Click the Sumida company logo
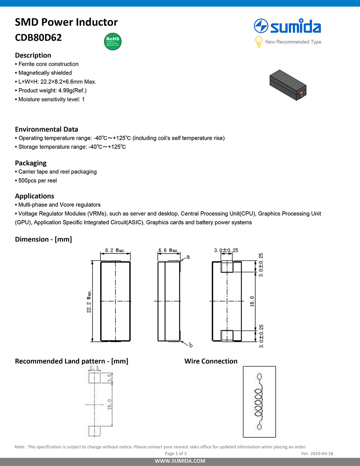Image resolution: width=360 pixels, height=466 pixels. [287, 27]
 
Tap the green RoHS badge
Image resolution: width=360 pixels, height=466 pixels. [113, 41]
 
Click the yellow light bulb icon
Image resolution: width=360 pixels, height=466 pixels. [258, 42]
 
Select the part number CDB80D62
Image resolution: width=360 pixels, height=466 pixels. [38, 37]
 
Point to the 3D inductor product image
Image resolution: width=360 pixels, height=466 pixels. [288, 85]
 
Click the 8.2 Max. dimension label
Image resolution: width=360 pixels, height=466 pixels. [115, 250]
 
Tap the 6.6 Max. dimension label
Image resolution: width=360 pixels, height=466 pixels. [168, 250]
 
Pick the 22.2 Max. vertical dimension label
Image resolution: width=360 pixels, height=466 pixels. [89, 301]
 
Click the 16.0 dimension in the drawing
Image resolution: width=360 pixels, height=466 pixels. [252, 301]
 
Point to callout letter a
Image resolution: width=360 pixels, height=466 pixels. [188, 257]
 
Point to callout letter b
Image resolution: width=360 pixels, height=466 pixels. [191, 345]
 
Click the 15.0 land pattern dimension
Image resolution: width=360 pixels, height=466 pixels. [110, 404]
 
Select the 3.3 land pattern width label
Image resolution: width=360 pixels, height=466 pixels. [94, 368]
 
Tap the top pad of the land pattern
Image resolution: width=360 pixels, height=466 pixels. [94, 377]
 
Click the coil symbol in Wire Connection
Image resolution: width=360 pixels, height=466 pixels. [259, 402]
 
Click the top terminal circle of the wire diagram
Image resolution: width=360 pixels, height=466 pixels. [259, 377]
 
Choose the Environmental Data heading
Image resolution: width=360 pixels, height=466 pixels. [46, 129]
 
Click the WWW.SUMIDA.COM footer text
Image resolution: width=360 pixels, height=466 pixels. [180, 461]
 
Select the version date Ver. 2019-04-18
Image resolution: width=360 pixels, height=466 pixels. [317, 453]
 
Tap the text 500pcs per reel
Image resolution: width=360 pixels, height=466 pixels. [37, 180]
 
